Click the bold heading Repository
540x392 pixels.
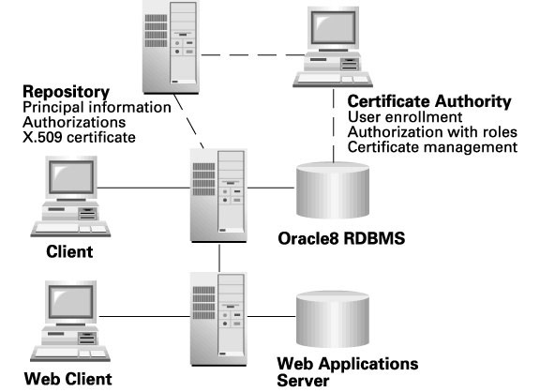(67, 92)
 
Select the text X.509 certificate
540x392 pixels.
(79, 138)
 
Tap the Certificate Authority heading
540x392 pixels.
(429, 102)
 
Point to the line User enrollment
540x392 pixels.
(405, 117)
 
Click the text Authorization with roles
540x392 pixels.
(432, 132)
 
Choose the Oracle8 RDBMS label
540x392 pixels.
(341, 238)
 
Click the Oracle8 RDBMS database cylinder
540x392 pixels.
(333, 190)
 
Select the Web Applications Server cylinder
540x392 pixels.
(333, 319)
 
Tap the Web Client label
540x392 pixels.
(67, 379)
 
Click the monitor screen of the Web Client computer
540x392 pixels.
(71, 301)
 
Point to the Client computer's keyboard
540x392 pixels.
(70, 230)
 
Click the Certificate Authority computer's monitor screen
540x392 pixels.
(334, 27)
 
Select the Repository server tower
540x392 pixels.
(172, 47)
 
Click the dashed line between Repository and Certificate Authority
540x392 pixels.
(253, 54)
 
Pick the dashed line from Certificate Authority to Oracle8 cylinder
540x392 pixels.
(334, 126)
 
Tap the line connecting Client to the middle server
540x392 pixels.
(143, 188)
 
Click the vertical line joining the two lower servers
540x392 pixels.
(219, 258)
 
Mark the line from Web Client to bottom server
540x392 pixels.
(144, 316)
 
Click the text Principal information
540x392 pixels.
(97, 108)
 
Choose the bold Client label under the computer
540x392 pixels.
(69, 252)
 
